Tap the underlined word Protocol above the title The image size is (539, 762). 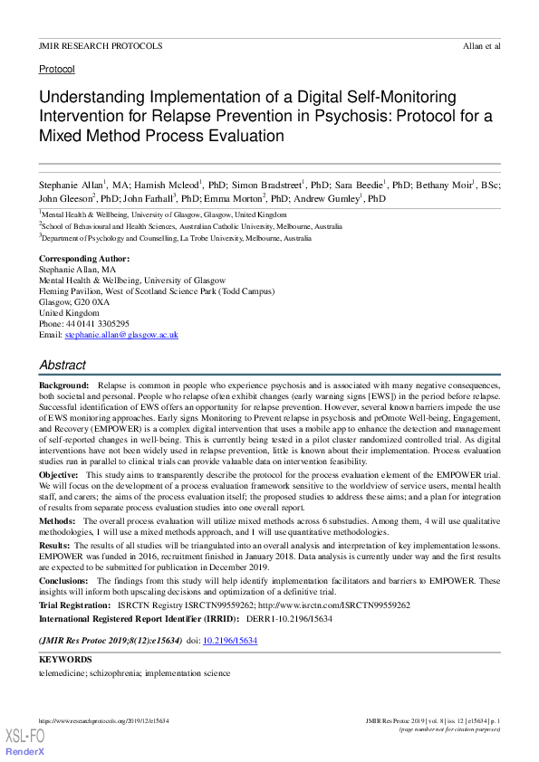[x=56, y=69]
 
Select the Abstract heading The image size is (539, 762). [x=63, y=365]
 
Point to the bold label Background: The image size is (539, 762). [x=63, y=386]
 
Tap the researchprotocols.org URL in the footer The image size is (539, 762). [x=104, y=720]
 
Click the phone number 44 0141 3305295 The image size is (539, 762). [x=96, y=323]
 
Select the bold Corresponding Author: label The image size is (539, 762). [x=84, y=259]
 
